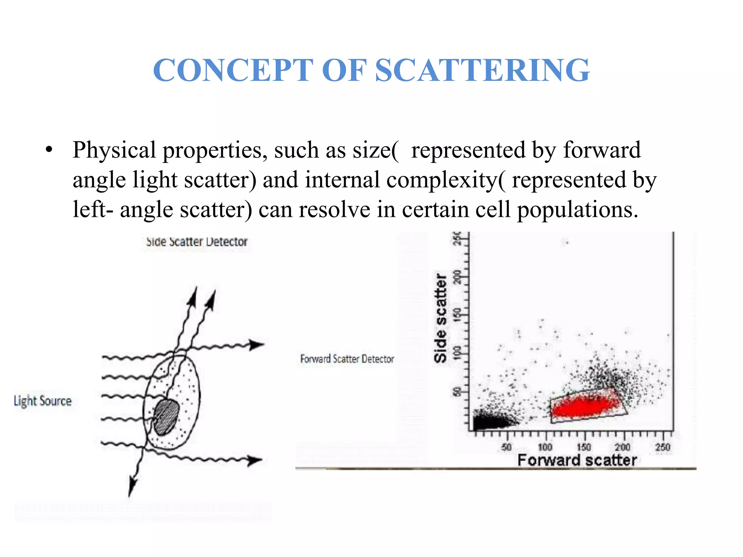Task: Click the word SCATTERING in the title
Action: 482,70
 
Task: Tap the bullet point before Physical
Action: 49,150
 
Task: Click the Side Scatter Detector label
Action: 196,242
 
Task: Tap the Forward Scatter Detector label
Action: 347,359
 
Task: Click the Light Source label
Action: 43,401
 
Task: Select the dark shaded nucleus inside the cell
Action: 167,417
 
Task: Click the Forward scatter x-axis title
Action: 577,460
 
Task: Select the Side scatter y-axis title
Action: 441,318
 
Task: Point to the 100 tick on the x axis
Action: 545,447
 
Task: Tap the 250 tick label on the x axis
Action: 662,447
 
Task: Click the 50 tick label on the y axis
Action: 457,392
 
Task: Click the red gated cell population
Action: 584,406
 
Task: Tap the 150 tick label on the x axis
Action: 584,447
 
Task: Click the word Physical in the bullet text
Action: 114,150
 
